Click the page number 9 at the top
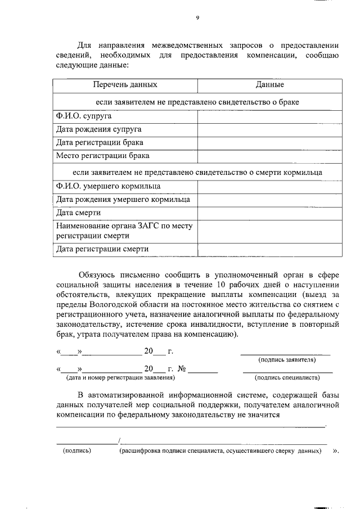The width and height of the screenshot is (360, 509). point(197,18)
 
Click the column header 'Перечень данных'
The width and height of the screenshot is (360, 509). point(125,85)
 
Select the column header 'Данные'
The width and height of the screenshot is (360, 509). point(269,85)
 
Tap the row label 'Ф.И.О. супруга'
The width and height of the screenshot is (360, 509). point(83,116)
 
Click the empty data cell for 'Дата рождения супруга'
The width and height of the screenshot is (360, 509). point(269,129)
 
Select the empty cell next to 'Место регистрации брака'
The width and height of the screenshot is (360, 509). point(269,156)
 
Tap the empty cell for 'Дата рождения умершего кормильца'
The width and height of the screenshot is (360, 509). point(269,200)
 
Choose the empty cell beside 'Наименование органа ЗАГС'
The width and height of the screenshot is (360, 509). point(269,231)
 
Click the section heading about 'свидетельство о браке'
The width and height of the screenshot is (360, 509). point(197,102)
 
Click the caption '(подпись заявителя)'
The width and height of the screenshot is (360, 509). point(286,359)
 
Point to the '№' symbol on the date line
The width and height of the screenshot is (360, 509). point(182,370)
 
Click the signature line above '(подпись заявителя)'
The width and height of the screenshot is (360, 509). point(286,354)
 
